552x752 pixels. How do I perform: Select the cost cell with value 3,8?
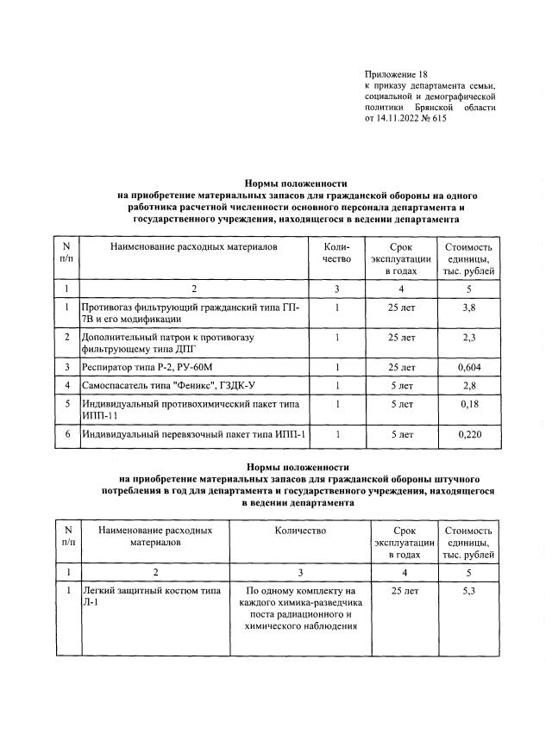pyautogui.click(x=468, y=307)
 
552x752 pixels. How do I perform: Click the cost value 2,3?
pyautogui.click(x=468, y=338)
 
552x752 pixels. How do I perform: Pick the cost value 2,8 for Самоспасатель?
pyautogui.click(x=468, y=385)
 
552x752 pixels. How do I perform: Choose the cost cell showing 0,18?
pyautogui.click(x=468, y=403)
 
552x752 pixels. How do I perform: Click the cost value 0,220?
pyautogui.click(x=468, y=434)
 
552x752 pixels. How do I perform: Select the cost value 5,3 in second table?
pyautogui.click(x=468, y=592)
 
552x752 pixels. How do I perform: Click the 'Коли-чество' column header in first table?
pyautogui.click(x=338, y=253)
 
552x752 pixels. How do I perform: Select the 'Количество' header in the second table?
pyautogui.click(x=300, y=531)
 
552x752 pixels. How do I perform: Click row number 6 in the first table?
pyautogui.click(x=66, y=434)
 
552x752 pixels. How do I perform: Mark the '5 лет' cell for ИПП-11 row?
pyautogui.click(x=402, y=403)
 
